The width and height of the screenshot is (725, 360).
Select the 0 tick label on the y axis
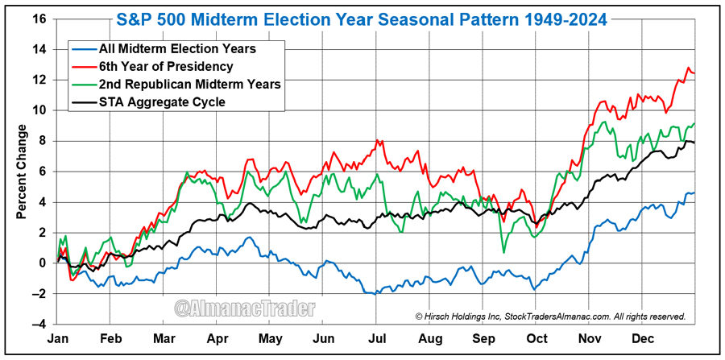pos(43,263)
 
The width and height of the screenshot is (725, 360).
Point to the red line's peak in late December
pos(689,68)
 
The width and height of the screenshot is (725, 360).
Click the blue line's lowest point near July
pos(372,294)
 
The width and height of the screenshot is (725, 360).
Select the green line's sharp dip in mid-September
pos(503,252)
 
